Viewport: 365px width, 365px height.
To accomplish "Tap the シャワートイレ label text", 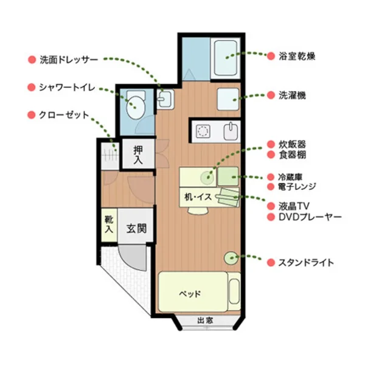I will pos(64,88).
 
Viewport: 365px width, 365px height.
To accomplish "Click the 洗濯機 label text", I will pos(292,96).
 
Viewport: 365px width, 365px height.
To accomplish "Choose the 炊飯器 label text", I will pos(292,144).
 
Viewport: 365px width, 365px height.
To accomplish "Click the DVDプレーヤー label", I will pos(310,217).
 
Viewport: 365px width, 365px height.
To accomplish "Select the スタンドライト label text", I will pos(306,263).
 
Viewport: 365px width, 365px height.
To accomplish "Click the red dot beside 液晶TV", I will pos(271,206).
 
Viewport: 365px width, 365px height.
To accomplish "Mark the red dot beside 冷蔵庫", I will pos(271,176).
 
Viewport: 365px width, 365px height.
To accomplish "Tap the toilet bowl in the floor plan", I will pos(135,107).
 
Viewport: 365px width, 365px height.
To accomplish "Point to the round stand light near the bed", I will pos(231,258).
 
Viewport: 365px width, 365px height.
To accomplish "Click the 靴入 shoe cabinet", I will pos(109,224).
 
